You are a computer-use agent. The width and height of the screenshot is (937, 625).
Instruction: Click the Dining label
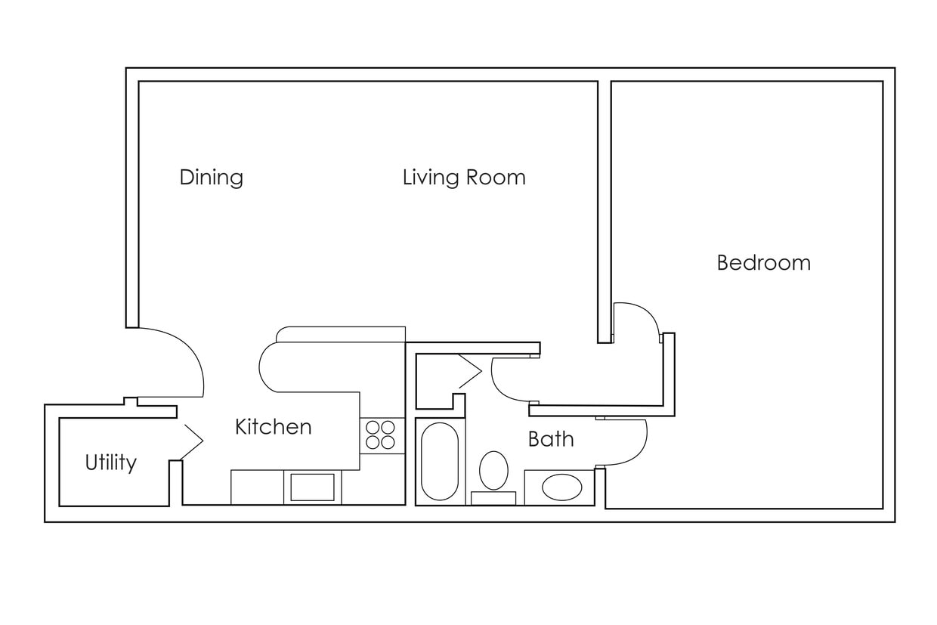pyautogui.click(x=211, y=178)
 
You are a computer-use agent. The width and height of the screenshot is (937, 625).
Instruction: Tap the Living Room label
pyautogui.click(x=463, y=178)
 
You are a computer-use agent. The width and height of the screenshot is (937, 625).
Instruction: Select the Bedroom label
pyautogui.click(x=763, y=263)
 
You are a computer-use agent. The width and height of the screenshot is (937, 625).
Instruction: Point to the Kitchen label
pyautogui.click(x=273, y=427)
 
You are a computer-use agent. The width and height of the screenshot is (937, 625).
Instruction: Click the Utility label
pyautogui.click(x=110, y=463)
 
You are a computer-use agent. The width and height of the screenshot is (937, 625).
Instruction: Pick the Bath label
pyautogui.click(x=550, y=439)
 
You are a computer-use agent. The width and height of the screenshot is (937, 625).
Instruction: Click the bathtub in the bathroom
pyautogui.click(x=439, y=461)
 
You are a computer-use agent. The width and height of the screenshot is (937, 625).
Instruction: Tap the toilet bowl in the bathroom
pyautogui.click(x=493, y=470)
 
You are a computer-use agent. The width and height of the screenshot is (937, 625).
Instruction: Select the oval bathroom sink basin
pyautogui.click(x=561, y=487)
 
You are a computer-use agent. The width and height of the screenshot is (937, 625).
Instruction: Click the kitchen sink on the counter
pyautogui.click(x=312, y=487)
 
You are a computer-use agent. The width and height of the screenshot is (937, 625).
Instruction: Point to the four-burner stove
pyautogui.click(x=381, y=435)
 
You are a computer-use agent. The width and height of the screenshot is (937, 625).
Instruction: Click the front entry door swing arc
pyautogui.click(x=178, y=359)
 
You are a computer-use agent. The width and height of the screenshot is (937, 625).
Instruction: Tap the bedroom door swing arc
pyautogui.click(x=639, y=317)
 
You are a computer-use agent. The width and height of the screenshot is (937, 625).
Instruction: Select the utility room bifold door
pyautogui.click(x=191, y=441)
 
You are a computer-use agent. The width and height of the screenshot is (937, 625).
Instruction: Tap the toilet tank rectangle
pyautogui.click(x=493, y=498)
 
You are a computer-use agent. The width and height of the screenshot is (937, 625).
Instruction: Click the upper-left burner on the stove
pyautogui.click(x=373, y=428)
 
